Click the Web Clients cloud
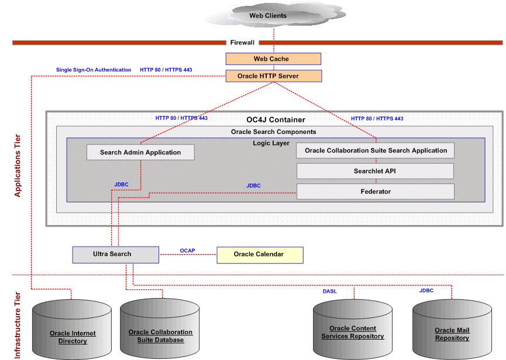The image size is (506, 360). [x=268, y=16]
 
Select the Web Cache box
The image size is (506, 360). [x=273, y=59]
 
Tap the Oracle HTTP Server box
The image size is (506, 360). [x=273, y=76]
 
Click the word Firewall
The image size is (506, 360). [x=242, y=43]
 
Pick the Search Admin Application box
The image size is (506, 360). [x=140, y=153]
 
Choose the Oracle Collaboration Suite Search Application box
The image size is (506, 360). [x=376, y=151]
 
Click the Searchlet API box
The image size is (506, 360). [x=376, y=171]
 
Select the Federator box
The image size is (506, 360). [x=376, y=192]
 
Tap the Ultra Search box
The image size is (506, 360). [x=115, y=254]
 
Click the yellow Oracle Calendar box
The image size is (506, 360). [x=260, y=254]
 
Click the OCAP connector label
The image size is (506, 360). [x=187, y=251]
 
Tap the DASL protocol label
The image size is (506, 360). [x=330, y=291]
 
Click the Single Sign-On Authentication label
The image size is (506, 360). [x=94, y=70]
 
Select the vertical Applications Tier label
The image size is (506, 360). [x=18, y=165]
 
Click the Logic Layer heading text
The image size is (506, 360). [x=271, y=143]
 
